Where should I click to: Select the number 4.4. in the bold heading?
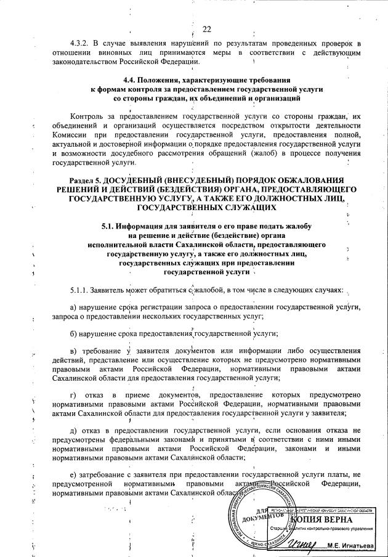click(x=131, y=80)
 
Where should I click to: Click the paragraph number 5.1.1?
click(x=81, y=289)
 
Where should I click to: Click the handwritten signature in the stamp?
click(x=301, y=543)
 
